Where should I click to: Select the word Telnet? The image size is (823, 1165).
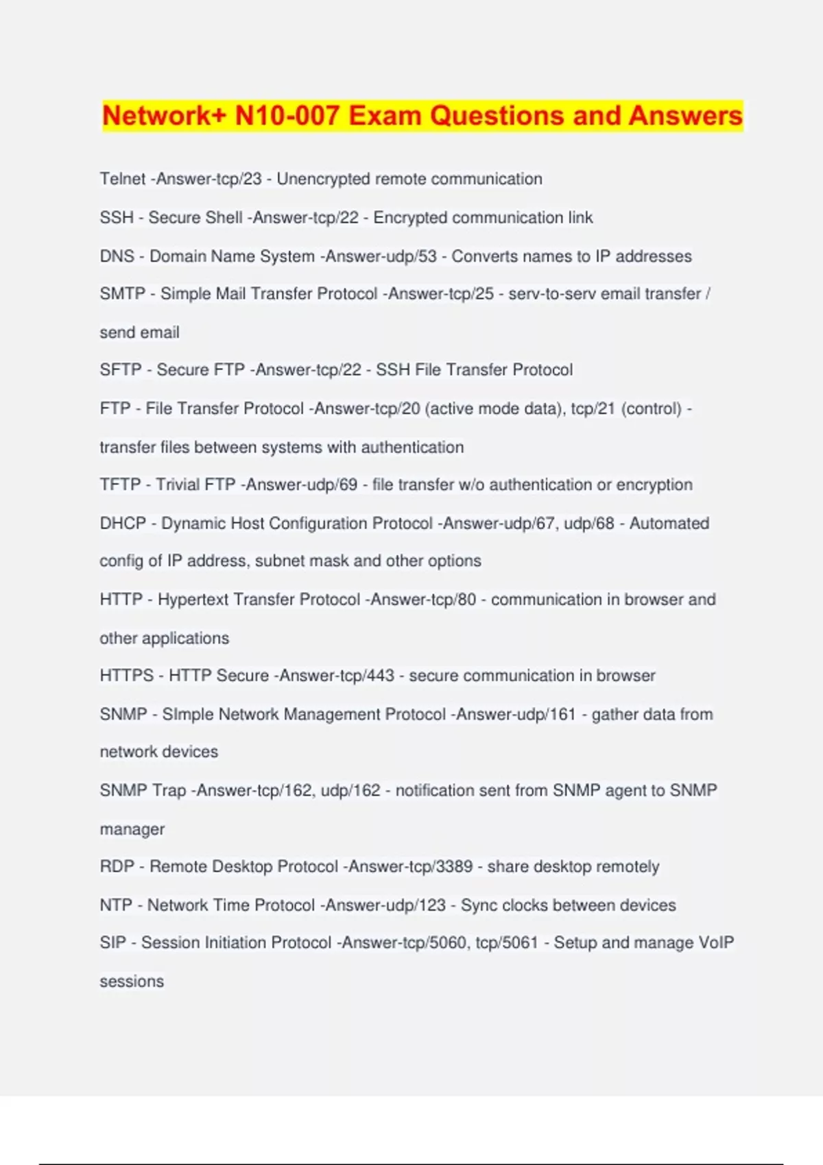coord(122,179)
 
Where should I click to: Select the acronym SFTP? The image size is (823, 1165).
coord(121,370)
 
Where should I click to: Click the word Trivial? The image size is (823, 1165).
coord(195,485)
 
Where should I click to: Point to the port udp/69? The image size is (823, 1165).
coord(335,485)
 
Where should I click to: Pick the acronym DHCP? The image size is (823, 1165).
coord(123,524)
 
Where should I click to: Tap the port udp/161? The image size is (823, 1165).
coord(552,715)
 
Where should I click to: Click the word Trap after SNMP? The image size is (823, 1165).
coord(169,791)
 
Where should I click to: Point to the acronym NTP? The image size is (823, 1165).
coord(116,905)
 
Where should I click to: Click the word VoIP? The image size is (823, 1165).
coord(716,943)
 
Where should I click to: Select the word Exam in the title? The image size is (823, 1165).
coord(385,116)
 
